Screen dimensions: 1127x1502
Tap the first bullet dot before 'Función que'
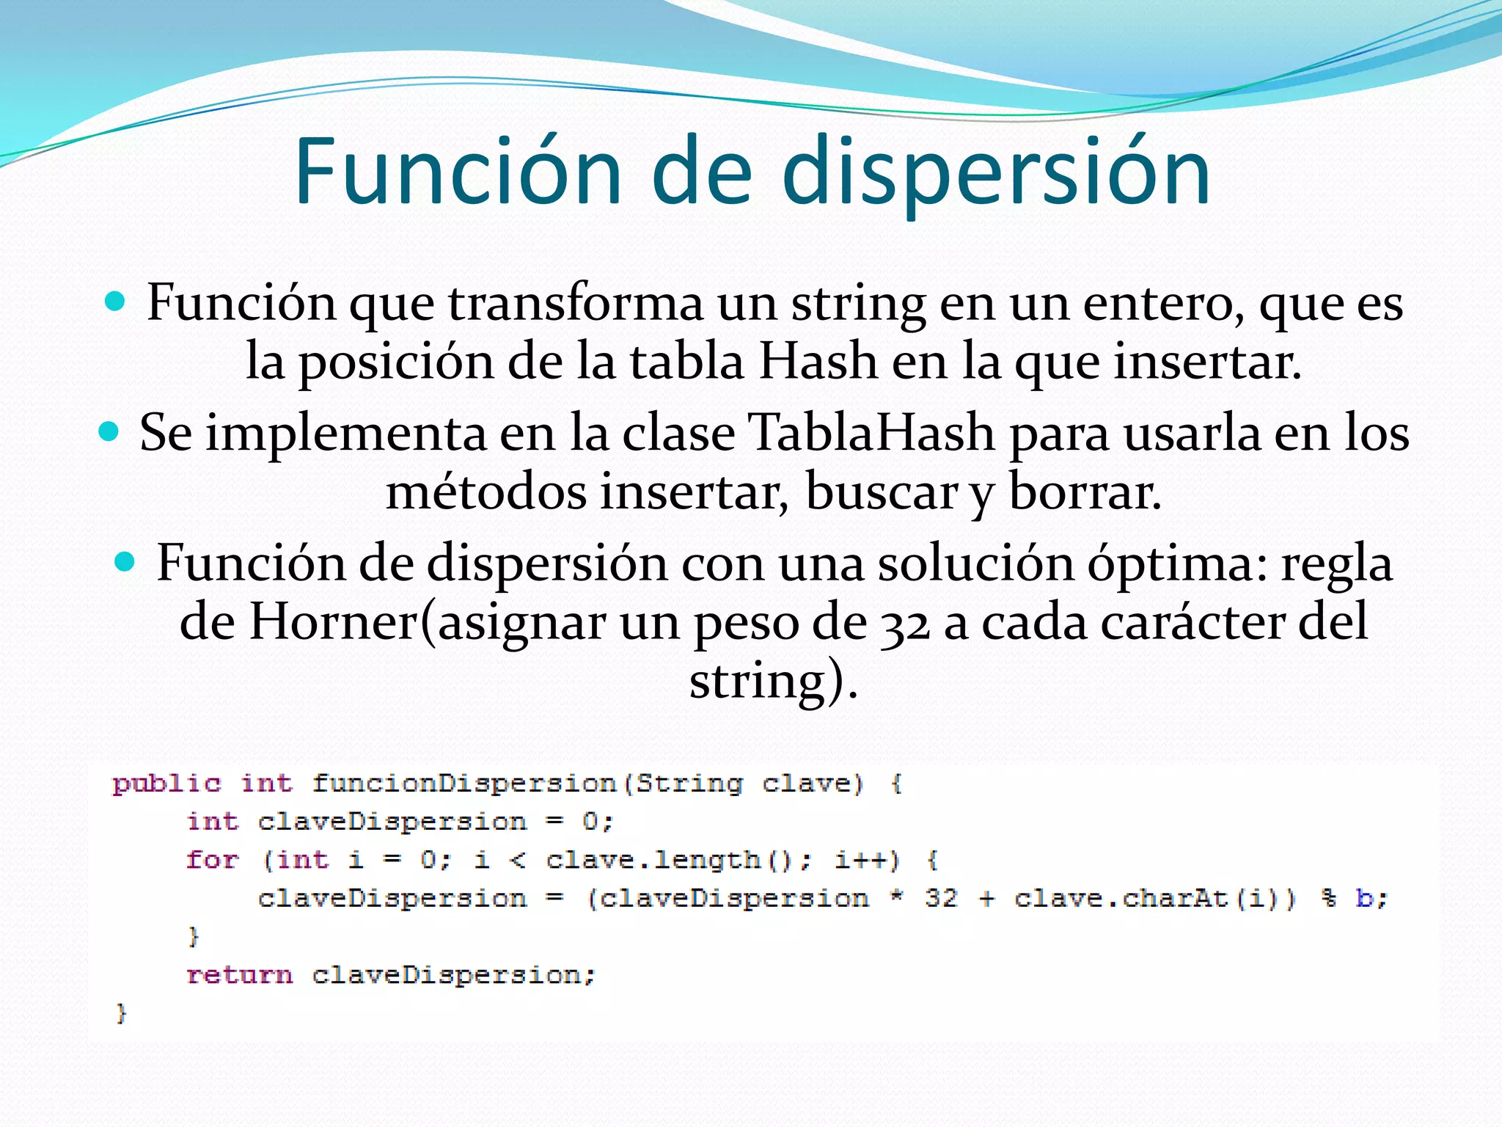pos(115,302)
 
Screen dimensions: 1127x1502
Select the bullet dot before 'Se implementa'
pos(109,431)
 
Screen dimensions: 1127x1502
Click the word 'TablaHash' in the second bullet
pos(871,433)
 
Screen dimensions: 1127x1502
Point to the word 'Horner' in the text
pos(334,622)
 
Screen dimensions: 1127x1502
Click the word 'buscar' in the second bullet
pos(881,492)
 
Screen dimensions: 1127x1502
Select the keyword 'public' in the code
pos(166,784)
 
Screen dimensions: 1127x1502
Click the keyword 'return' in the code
pos(239,974)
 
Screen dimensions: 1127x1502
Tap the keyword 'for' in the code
pos(212,859)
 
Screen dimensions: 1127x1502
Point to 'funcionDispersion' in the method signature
pos(464,784)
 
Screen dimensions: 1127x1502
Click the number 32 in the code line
pos(941,898)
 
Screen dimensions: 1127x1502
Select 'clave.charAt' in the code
pos(1120,898)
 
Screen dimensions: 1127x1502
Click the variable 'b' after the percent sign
pos(1364,898)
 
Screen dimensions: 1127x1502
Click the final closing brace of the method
pos(122,1013)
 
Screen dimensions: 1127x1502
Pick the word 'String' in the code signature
pos(689,784)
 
